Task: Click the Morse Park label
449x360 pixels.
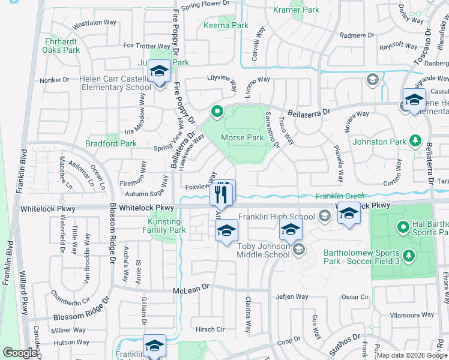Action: pos(243,137)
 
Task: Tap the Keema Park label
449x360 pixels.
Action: pos(226,26)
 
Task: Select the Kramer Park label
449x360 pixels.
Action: pos(296,10)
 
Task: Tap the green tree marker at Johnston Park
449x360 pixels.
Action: pos(415,141)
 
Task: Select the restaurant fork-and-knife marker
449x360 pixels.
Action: pos(222,193)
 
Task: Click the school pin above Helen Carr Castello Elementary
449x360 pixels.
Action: pos(159,73)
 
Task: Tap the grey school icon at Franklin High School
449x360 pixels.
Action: pos(324,216)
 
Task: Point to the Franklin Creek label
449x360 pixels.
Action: pos(340,196)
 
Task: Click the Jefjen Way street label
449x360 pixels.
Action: pos(292,297)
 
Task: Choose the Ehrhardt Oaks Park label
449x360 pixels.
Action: pos(62,46)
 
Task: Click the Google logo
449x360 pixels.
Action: pos(20,353)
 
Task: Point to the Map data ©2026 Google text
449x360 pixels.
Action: pos(411,355)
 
